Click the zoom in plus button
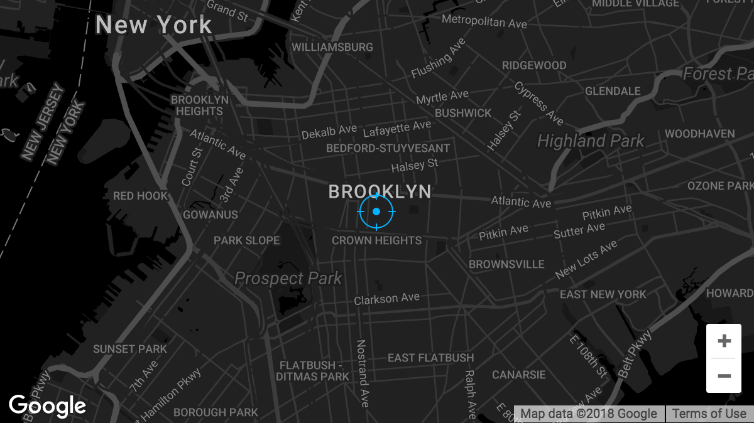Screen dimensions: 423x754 pyautogui.click(x=724, y=341)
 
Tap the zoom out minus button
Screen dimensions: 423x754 pyautogui.click(x=724, y=376)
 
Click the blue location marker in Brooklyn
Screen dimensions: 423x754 pyautogui.click(x=376, y=211)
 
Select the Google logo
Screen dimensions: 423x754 pyautogui.click(x=48, y=407)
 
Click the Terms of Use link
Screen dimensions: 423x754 pyautogui.click(x=709, y=414)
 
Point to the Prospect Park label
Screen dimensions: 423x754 pyautogui.click(x=288, y=278)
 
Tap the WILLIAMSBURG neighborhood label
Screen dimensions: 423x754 pyautogui.click(x=332, y=47)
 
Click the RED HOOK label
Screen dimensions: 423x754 pyautogui.click(x=141, y=196)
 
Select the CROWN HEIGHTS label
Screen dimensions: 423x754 pyautogui.click(x=376, y=240)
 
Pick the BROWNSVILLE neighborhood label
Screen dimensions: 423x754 pyautogui.click(x=506, y=264)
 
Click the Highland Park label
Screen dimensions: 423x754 pyautogui.click(x=591, y=141)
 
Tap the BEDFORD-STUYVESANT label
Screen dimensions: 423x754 pyautogui.click(x=388, y=149)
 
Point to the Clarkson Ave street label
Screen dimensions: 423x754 pyautogui.click(x=386, y=299)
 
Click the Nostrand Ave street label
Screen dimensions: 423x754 pyautogui.click(x=363, y=373)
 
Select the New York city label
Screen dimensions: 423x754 pyautogui.click(x=154, y=25)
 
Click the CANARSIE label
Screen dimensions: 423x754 pyautogui.click(x=519, y=375)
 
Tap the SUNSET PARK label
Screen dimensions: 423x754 pyautogui.click(x=130, y=349)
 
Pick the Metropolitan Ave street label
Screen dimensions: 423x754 pyautogui.click(x=484, y=22)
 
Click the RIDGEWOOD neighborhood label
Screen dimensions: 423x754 pyautogui.click(x=534, y=65)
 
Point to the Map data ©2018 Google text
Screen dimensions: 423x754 pyautogui.click(x=589, y=414)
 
